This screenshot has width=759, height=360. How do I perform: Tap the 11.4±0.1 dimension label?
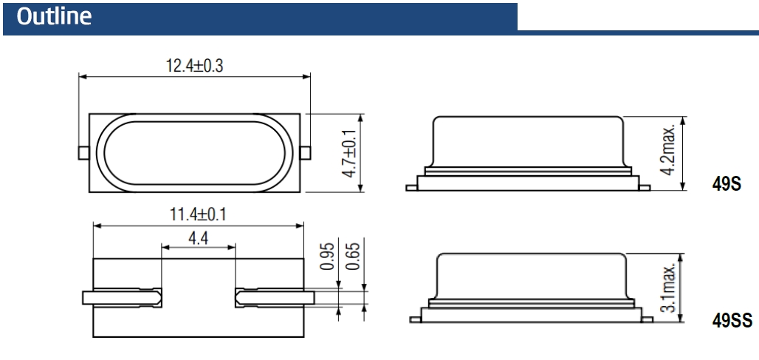tap(198, 215)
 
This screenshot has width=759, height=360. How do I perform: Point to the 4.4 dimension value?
tap(197, 239)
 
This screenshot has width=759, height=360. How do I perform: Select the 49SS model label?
tap(722, 322)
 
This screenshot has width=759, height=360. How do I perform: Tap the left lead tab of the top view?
tap(84, 153)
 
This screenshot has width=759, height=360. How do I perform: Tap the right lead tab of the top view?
tap(305, 153)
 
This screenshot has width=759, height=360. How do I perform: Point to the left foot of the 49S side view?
tap(411, 188)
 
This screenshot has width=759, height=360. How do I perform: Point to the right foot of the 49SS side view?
tap(645, 319)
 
